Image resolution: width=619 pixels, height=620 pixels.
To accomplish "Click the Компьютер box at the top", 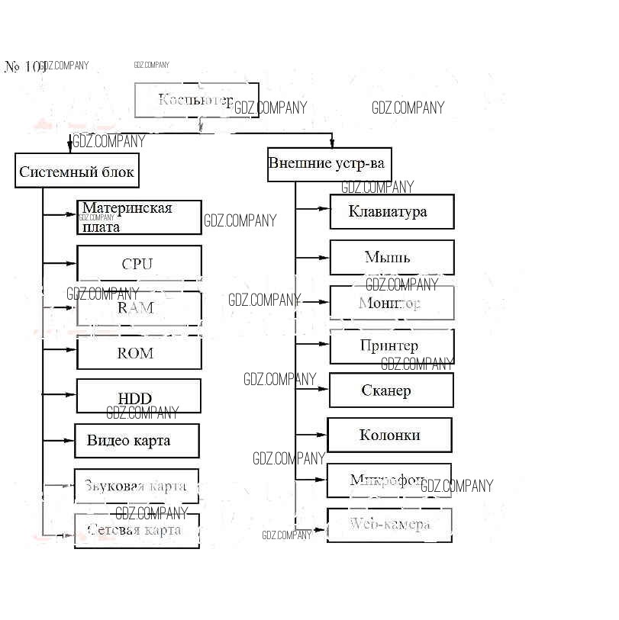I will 196,100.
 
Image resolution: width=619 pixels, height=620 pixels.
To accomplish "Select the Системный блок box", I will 76,171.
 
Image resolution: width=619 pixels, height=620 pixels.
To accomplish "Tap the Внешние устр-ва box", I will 329,164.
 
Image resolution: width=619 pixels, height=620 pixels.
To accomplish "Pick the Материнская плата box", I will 139,217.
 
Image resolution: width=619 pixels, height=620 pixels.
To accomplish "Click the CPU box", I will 139,263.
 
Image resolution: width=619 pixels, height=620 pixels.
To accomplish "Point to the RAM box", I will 139,308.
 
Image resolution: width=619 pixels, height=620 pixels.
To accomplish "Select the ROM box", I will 139,352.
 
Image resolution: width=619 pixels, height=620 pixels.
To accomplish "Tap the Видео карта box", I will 137,441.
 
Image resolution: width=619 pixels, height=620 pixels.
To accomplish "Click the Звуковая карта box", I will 136,486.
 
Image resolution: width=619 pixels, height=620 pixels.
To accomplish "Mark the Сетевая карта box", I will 137,530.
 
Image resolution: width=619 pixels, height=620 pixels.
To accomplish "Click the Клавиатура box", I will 392,211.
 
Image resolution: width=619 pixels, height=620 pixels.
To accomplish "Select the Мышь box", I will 392,257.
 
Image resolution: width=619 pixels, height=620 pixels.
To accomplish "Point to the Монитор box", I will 392,303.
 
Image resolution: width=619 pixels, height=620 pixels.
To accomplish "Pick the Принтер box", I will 392,346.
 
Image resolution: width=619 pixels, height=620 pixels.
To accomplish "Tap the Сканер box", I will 391,390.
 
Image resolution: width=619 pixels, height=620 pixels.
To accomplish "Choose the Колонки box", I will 389,435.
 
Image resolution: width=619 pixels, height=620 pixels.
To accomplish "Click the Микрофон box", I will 388,480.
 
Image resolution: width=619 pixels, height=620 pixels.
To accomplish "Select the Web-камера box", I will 389,525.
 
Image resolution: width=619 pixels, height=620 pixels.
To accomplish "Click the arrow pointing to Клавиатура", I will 313,207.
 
